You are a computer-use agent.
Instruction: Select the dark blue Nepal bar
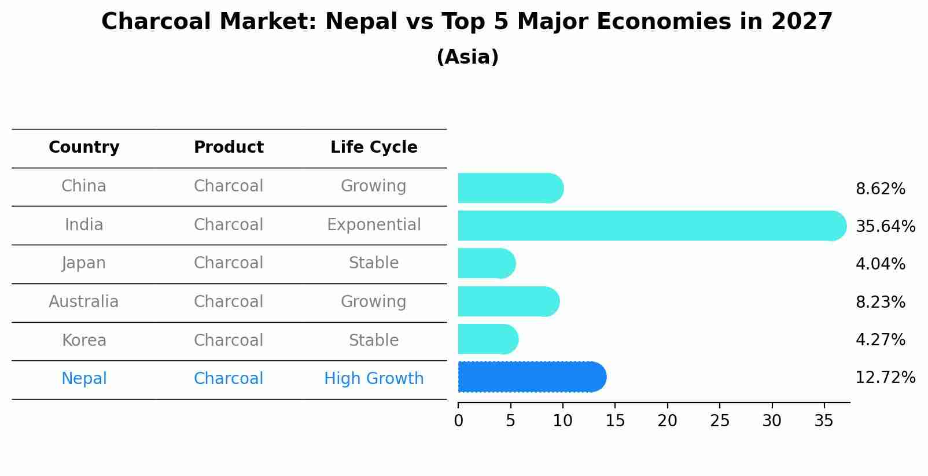click(531, 377)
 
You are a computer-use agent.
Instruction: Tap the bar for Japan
click(486, 264)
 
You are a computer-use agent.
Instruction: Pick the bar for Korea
click(488, 339)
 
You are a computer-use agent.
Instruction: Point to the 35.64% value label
click(885, 227)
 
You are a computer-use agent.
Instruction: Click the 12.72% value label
click(885, 378)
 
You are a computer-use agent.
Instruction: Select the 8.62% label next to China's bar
click(880, 189)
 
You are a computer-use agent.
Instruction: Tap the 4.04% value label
click(880, 264)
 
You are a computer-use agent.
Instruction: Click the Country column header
click(84, 147)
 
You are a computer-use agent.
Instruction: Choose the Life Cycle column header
click(374, 147)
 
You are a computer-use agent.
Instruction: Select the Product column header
click(229, 147)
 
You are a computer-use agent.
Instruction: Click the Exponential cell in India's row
click(374, 225)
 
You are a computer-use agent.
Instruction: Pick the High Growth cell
click(374, 379)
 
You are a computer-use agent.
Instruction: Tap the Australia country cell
click(84, 302)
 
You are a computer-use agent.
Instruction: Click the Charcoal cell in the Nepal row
click(229, 379)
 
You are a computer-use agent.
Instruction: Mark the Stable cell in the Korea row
click(374, 341)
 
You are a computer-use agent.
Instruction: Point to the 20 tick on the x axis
click(667, 421)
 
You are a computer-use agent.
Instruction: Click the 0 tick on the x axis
click(458, 421)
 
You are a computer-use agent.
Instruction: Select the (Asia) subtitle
click(467, 57)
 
